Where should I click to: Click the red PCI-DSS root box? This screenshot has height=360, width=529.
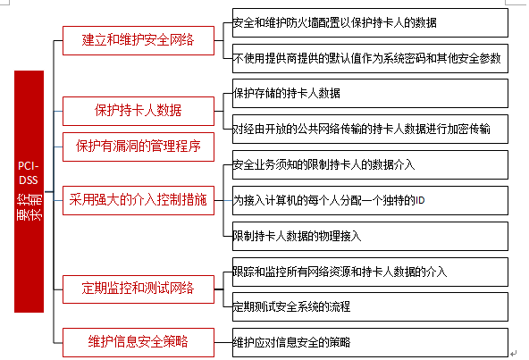29,191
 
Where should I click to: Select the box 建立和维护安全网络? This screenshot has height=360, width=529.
139,40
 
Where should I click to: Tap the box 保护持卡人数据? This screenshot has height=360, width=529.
139,111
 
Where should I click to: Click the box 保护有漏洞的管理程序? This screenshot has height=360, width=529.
139,147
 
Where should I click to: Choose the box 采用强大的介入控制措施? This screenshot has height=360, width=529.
139,200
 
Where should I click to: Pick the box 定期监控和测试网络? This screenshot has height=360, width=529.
139,289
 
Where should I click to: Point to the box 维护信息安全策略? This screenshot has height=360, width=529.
139,342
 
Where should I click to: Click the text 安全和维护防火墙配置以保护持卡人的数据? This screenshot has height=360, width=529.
335,23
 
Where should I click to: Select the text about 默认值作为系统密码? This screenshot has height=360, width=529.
367,59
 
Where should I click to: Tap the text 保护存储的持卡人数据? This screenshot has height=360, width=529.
287,94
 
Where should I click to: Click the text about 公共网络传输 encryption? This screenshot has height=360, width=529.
361,129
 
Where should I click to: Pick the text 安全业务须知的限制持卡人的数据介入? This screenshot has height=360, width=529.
323,164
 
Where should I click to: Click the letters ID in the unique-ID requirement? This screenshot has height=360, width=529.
420,201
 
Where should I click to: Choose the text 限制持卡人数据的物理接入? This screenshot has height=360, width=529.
297,236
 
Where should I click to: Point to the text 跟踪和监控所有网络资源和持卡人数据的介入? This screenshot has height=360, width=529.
340,272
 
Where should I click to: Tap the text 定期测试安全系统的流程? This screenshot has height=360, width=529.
291,306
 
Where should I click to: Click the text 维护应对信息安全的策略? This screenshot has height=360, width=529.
291,343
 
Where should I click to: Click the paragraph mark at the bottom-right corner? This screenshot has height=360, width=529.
513,354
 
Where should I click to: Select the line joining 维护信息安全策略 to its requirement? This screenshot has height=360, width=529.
223,342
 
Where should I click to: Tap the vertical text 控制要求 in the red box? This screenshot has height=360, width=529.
29,207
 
